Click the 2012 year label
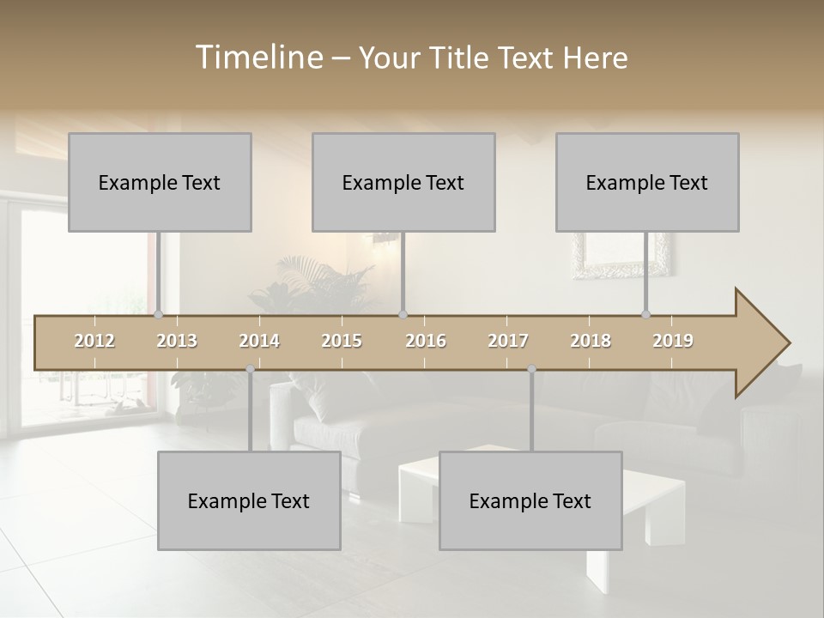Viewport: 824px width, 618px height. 94,342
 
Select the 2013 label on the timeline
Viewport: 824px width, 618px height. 177,342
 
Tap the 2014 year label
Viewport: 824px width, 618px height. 259,342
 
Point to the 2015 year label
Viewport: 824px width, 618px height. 342,342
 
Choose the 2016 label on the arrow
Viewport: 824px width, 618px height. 426,342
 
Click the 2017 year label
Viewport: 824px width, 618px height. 508,342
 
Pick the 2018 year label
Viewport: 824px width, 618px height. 591,342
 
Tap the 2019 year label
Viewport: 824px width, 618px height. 673,342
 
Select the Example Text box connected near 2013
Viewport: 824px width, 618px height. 160,183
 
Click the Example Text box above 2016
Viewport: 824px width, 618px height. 403,183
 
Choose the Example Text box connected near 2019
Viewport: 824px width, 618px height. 647,183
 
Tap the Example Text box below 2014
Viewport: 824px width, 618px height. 249,501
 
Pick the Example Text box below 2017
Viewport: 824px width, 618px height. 530,501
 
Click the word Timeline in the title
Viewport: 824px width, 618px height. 257,58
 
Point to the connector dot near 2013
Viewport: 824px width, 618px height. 159,314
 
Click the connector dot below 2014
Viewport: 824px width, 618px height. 250,369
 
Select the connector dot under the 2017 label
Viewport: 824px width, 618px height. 531,369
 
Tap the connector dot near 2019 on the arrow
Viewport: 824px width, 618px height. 646,314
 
